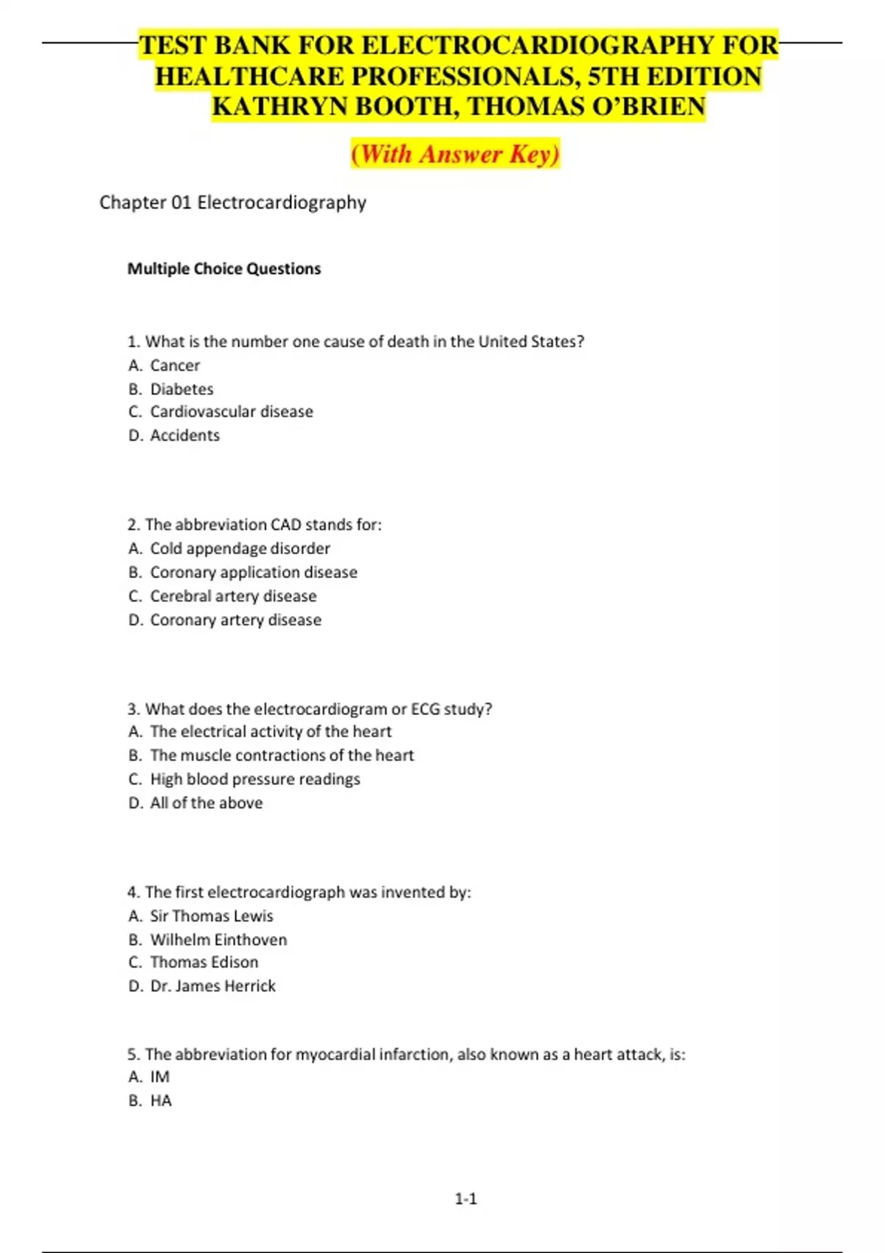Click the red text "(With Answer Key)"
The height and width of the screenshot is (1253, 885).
(x=455, y=153)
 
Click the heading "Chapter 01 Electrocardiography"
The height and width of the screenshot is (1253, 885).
(x=232, y=203)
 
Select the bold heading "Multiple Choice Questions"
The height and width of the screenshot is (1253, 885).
(x=224, y=269)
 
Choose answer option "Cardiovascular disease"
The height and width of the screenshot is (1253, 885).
(x=231, y=411)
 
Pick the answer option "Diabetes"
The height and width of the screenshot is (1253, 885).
(x=181, y=389)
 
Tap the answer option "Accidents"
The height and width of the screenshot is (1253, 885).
(x=184, y=436)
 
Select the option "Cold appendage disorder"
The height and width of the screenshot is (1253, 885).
(x=240, y=548)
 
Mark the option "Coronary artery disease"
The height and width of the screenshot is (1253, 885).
(x=235, y=620)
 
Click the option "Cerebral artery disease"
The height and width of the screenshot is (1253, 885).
(x=233, y=596)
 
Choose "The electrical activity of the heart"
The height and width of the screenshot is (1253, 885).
(x=271, y=732)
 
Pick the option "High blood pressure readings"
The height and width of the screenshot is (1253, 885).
(x=255, y=779)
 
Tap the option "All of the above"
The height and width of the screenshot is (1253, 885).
(x=206, y=803)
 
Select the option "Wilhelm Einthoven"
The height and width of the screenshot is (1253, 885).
(x=218, y=940)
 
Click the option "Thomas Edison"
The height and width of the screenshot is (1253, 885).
(x=204, y=963)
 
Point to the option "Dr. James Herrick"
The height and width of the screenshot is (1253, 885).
(x=212, y=986)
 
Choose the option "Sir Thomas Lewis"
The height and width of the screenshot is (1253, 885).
(x=211, y=916)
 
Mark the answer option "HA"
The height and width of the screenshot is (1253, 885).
(x=161, y=1100)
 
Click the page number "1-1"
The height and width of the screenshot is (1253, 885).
(x=465, y=1199)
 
